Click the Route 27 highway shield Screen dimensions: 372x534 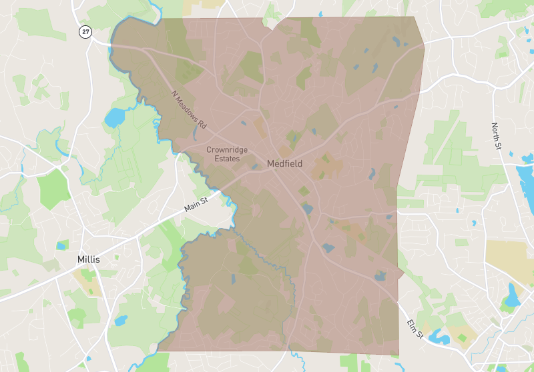(85, 31)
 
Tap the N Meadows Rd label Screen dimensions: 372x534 (189, 109)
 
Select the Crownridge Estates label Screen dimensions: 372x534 (227, 155)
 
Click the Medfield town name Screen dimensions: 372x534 (285, 163)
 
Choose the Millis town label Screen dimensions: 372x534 (88, 259)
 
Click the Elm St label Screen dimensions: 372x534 (415, 329)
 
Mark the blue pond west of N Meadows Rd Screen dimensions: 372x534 (114, 118)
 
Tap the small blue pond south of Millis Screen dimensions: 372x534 (121, 321)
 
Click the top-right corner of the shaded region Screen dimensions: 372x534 (414, 17)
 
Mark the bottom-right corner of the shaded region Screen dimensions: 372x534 (398, 354)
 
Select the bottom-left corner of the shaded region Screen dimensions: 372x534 (158, 351)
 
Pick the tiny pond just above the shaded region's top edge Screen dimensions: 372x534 (321, 13)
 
